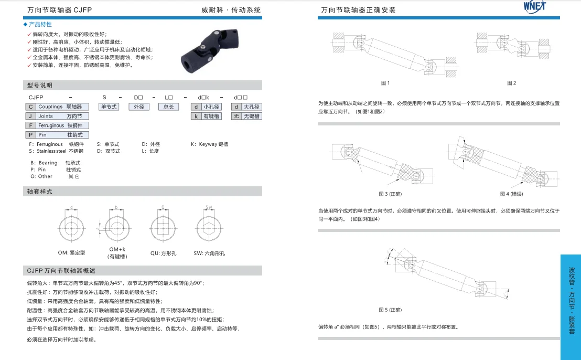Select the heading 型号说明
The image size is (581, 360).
point(40,85)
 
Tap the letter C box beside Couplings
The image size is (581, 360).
point(30,107)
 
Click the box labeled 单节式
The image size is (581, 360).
point(109,107)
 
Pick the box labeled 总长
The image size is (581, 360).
point(168,107)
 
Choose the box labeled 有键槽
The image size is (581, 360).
point(211,116)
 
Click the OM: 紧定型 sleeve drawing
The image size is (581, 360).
point(71,227)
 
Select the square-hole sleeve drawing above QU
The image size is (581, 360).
point(163,227)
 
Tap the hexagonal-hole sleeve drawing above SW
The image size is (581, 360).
point(209,227)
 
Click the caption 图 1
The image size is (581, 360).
point(385,83)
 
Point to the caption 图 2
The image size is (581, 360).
point(511,83)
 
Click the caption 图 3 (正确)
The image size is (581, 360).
point(390,194)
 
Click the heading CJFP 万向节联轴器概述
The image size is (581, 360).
point(61,271)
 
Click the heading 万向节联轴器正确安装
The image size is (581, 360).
point(358,10)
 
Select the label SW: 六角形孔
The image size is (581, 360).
point(209,253)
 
